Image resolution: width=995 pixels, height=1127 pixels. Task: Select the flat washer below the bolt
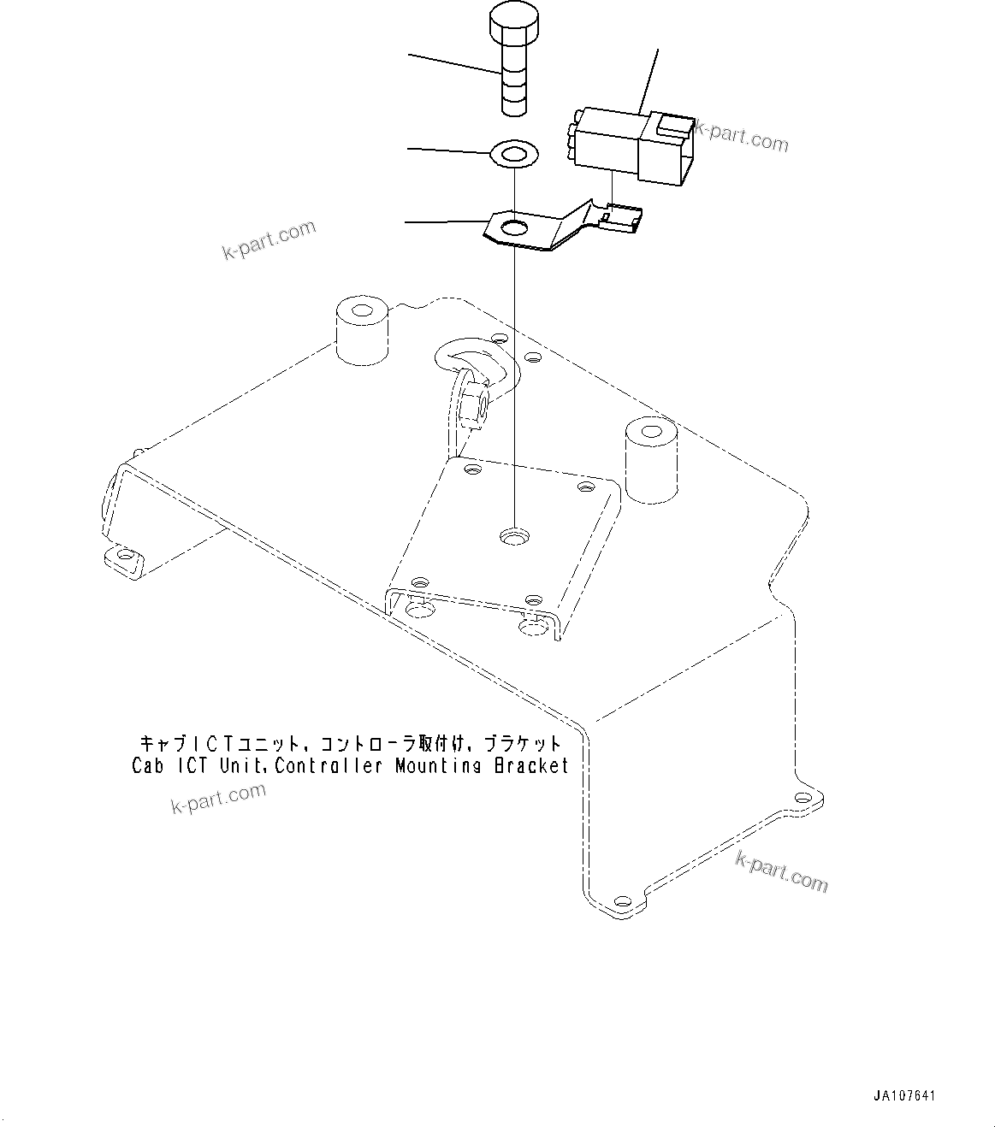512,155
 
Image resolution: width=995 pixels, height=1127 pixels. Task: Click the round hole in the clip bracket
515,228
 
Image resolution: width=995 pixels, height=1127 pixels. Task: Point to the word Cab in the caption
150,765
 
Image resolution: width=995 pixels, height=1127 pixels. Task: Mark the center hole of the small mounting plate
514,537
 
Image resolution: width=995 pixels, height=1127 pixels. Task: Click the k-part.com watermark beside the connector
741,135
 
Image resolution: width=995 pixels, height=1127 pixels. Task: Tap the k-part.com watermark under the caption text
219,798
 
